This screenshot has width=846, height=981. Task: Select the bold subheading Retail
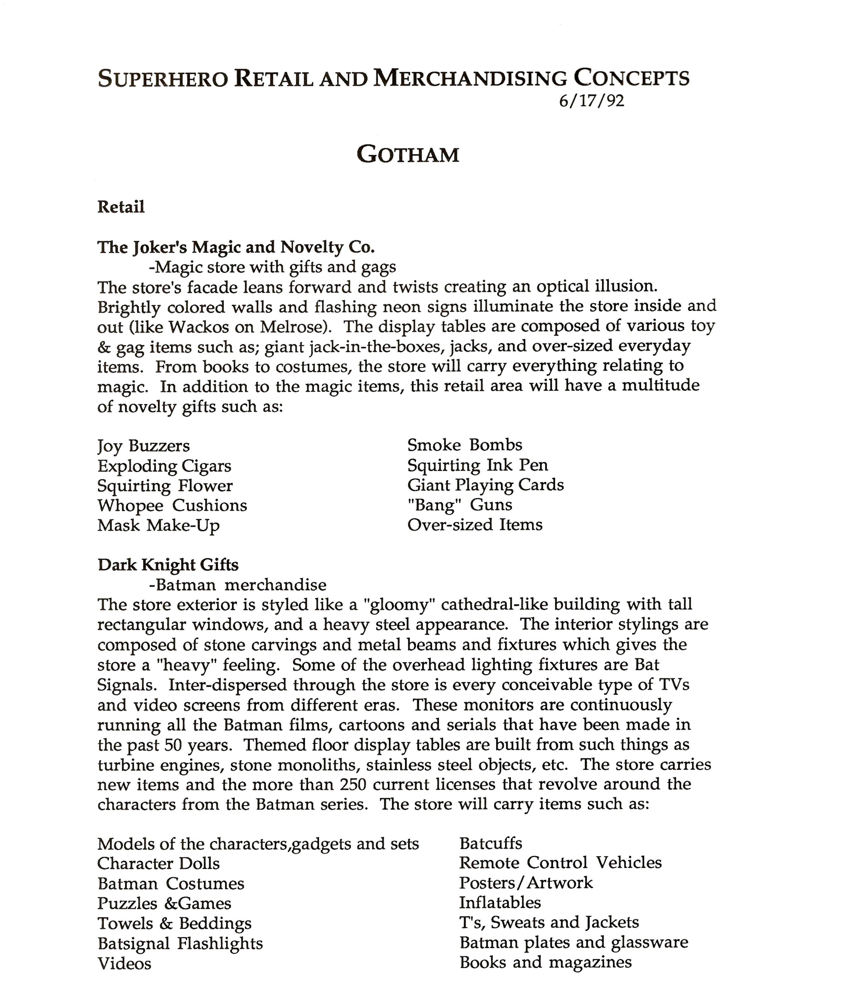pyautogui.click(x=121, y=207)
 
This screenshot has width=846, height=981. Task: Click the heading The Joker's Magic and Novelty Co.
pyautogui.click(x=236, y=247)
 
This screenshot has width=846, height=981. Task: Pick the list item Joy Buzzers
pyautogui.click(x=144, y=446)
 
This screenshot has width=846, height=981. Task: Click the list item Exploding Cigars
pyautogui.click(x=164, y=466)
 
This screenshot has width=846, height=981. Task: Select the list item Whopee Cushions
pyautogui.click(x=172, y=506)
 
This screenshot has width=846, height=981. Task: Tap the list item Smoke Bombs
pyautogui.click(x=464, y=445)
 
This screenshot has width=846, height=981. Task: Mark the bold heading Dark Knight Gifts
pyautogui.click(x=168, y=565)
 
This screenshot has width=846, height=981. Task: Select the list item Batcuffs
pyautogui.click(x=490, y=843)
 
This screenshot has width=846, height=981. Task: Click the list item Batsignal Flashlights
pyautogui.click(x=180, y=944)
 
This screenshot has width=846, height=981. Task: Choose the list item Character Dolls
pyautogui.click(x=159, y=863)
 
